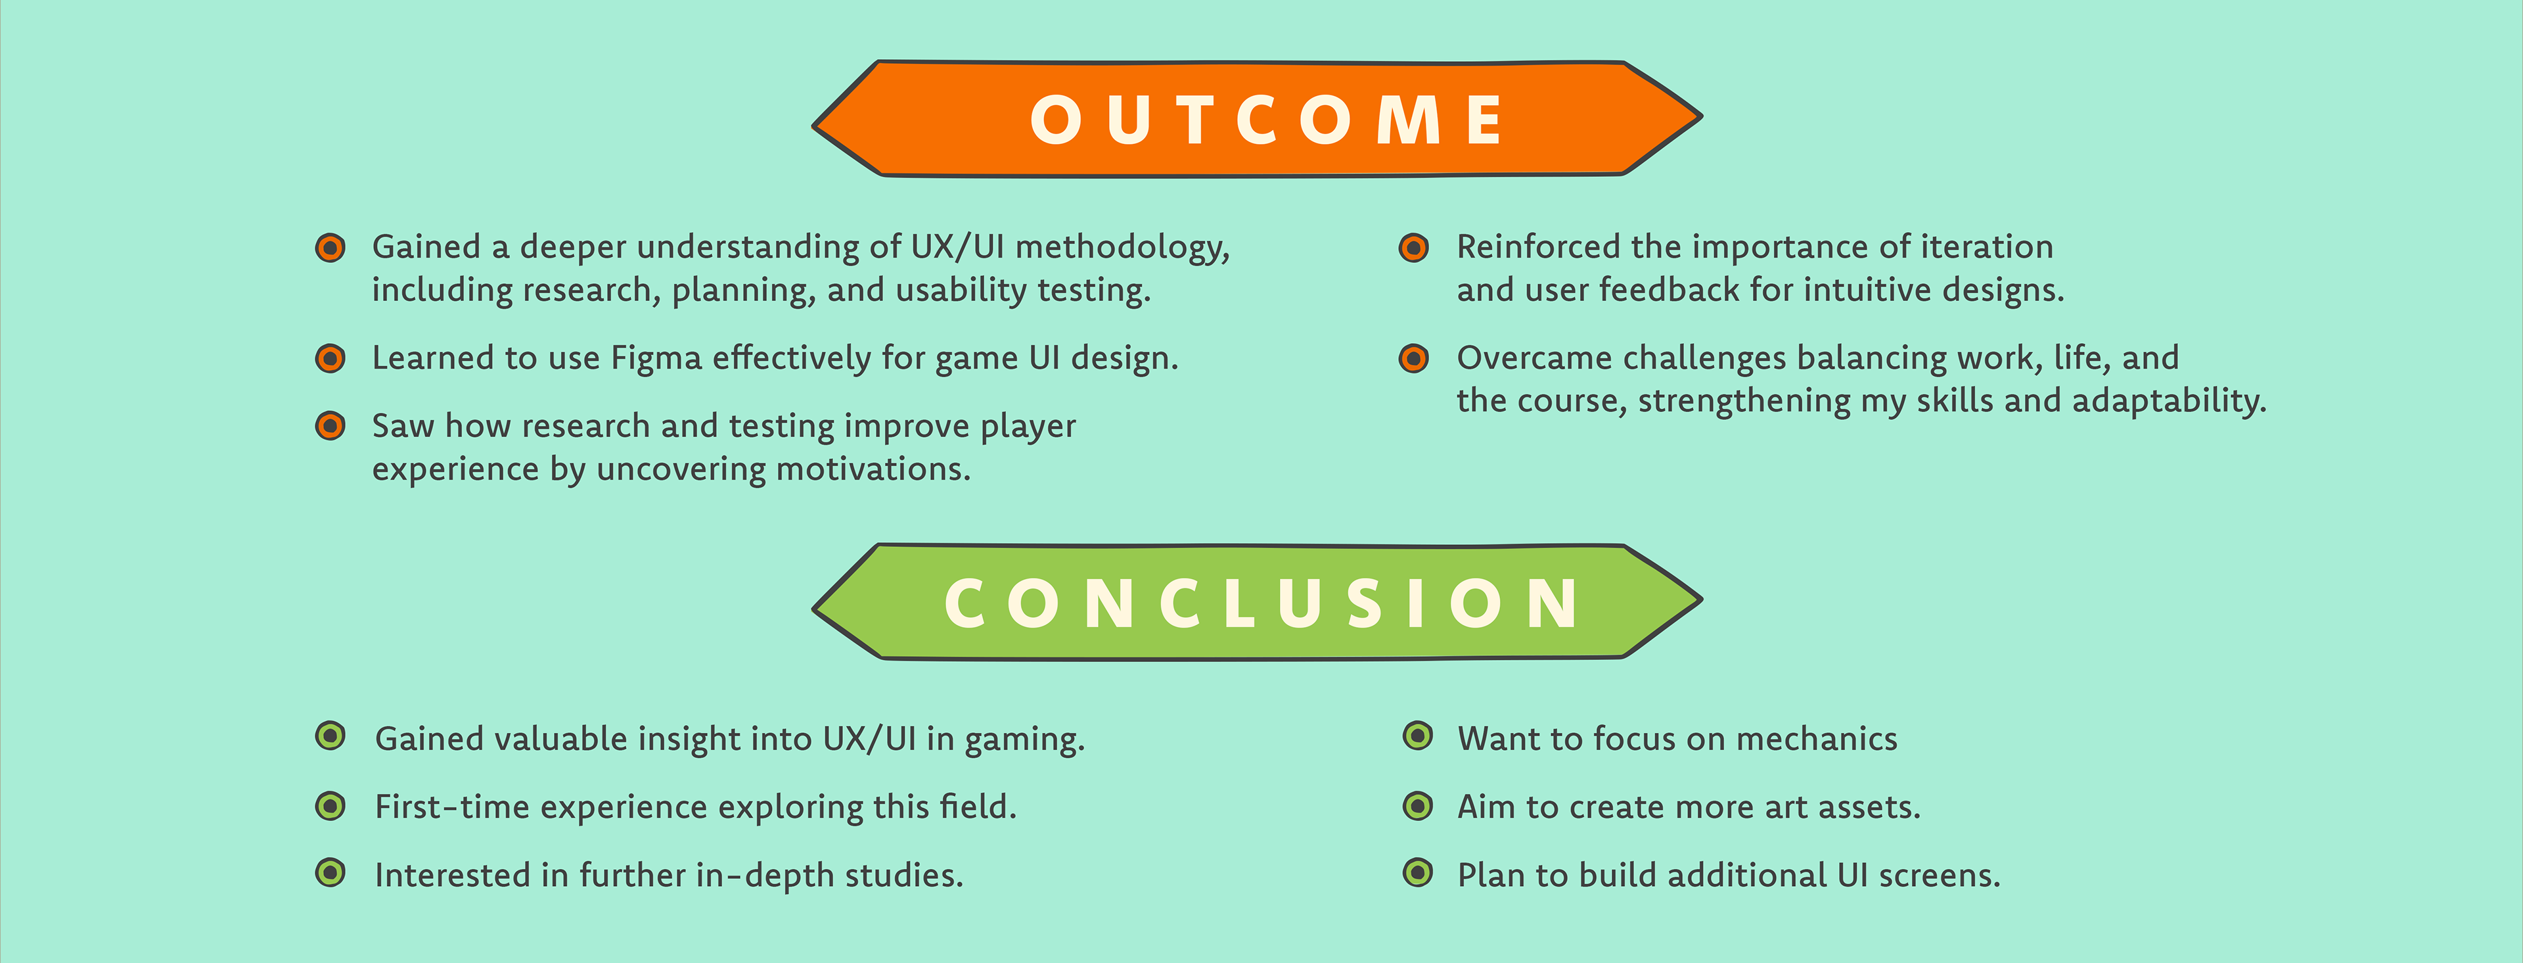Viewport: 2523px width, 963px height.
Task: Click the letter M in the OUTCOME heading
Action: (1409, 120)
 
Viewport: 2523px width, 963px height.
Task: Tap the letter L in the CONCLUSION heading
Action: (1237, 603)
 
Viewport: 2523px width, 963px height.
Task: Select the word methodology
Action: (1122, 248)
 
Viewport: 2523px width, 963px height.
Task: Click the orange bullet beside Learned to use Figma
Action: (330, 358)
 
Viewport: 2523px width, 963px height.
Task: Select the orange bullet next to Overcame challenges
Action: (1413, 358)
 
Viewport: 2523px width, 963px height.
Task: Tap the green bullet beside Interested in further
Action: (330, 872)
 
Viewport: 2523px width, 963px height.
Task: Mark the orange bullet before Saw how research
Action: (330, 426)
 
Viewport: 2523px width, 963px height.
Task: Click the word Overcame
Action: (1535, 358)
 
